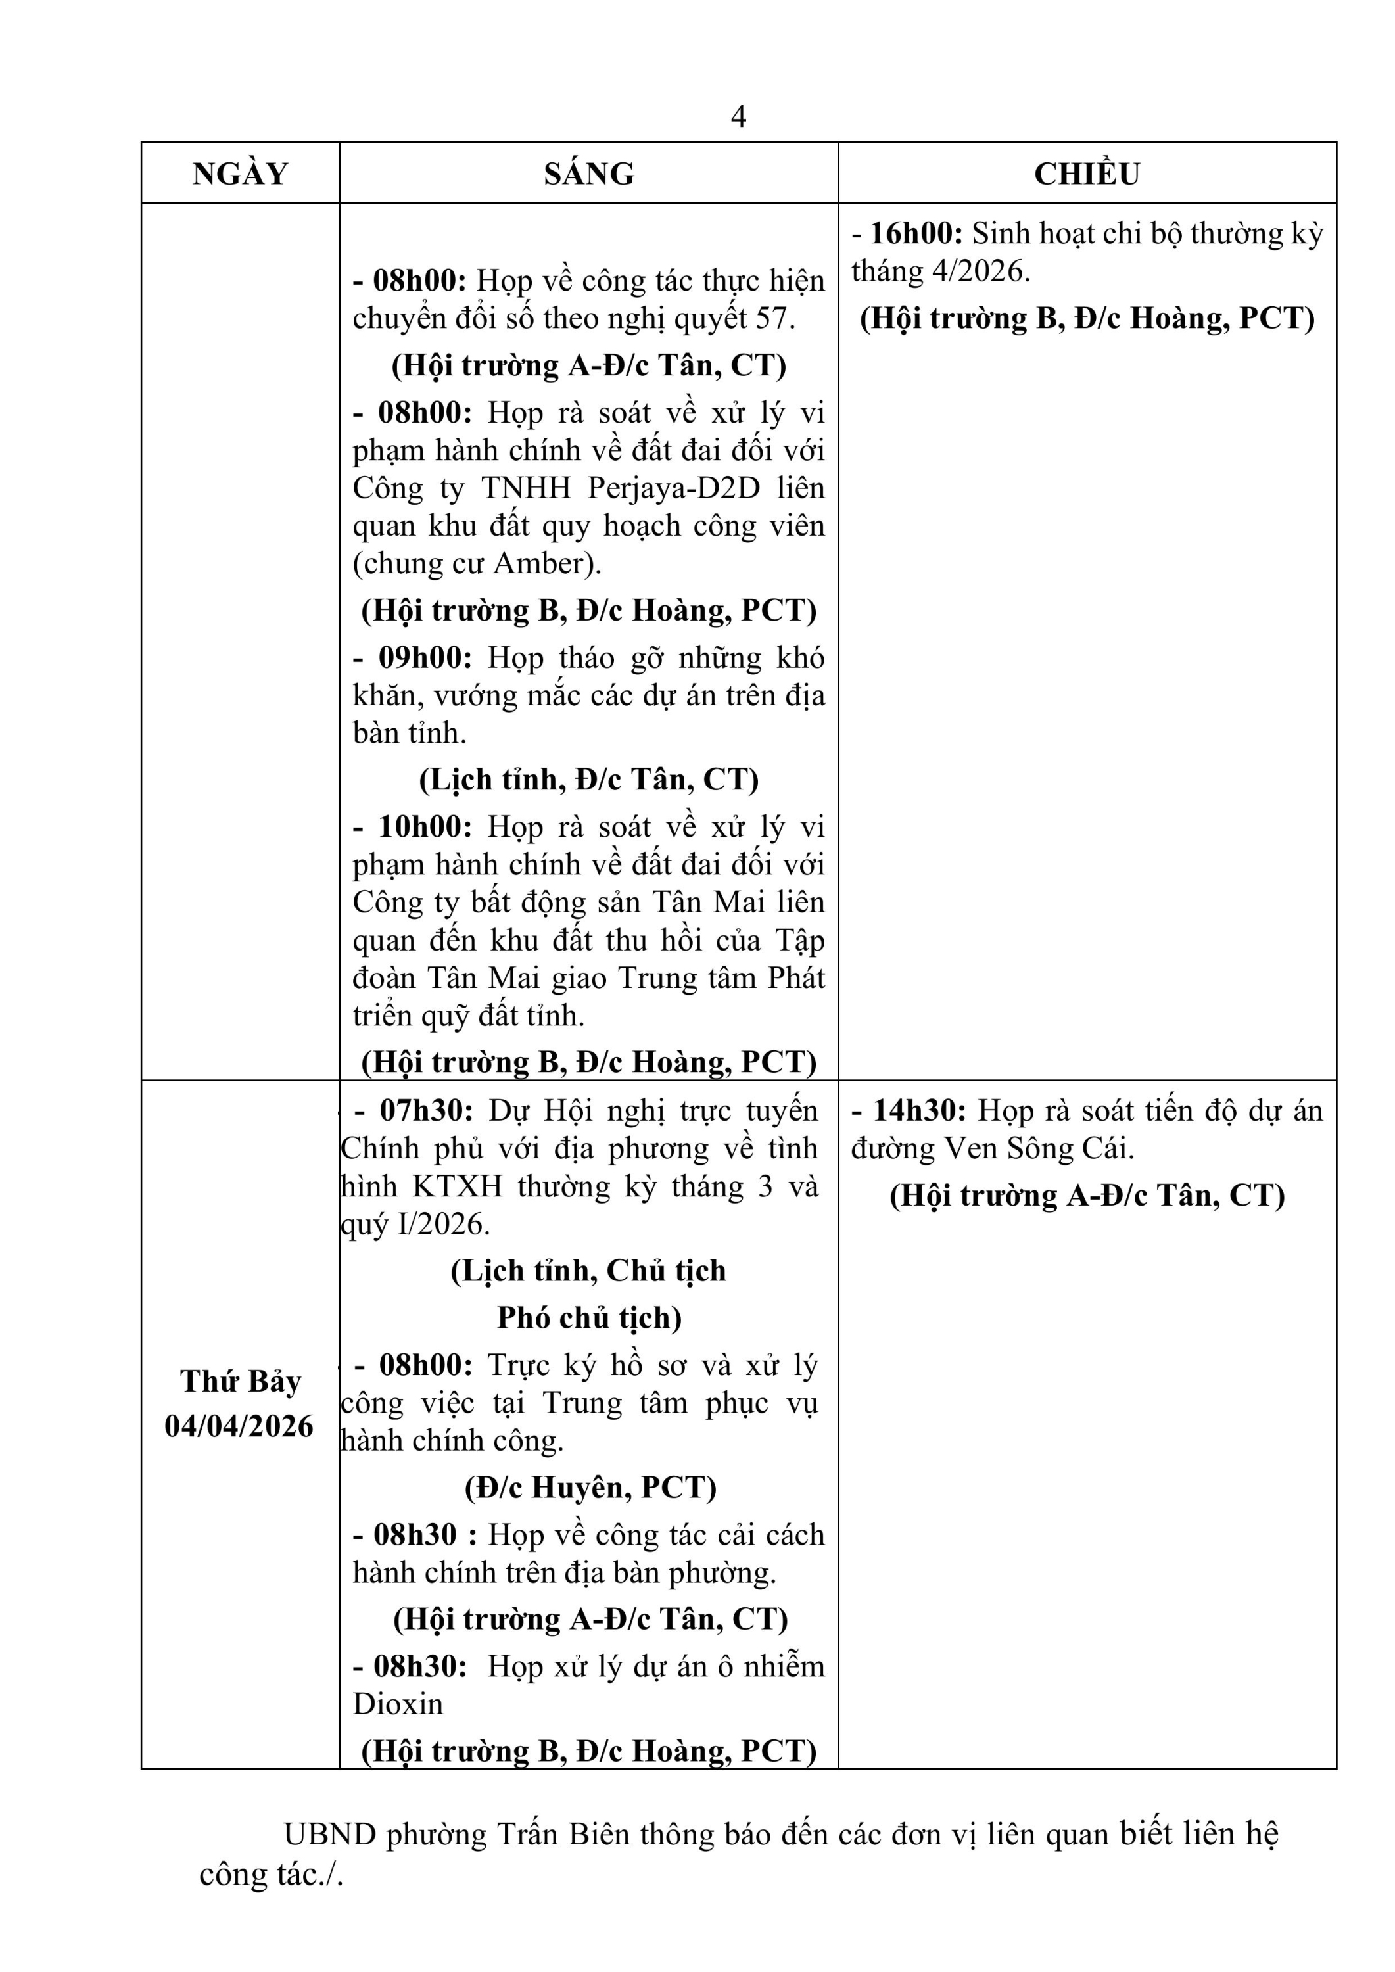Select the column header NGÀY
point(241,174)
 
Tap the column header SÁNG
point(589,174)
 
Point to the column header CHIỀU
point(1087,174)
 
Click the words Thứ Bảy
point(241,1381)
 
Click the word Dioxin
point(398,1703)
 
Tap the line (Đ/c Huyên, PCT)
point(590,1487)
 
